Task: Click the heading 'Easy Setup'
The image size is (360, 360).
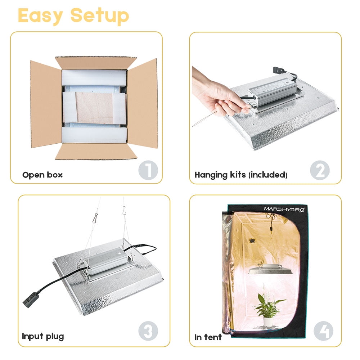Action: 73,15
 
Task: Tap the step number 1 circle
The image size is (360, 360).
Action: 148,170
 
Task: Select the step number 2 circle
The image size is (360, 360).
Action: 320,170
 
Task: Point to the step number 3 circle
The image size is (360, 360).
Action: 148,331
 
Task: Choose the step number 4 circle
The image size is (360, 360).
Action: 323,331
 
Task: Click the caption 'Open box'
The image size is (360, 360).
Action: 42,175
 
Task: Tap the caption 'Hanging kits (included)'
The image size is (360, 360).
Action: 241,175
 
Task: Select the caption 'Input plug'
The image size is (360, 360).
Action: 43,337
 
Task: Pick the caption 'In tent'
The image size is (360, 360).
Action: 208,337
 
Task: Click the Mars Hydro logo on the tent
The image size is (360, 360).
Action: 284,209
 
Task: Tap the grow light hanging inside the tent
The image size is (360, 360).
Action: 270,269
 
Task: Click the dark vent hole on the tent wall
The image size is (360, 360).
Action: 252,241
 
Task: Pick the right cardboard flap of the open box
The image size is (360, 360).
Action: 143,103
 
